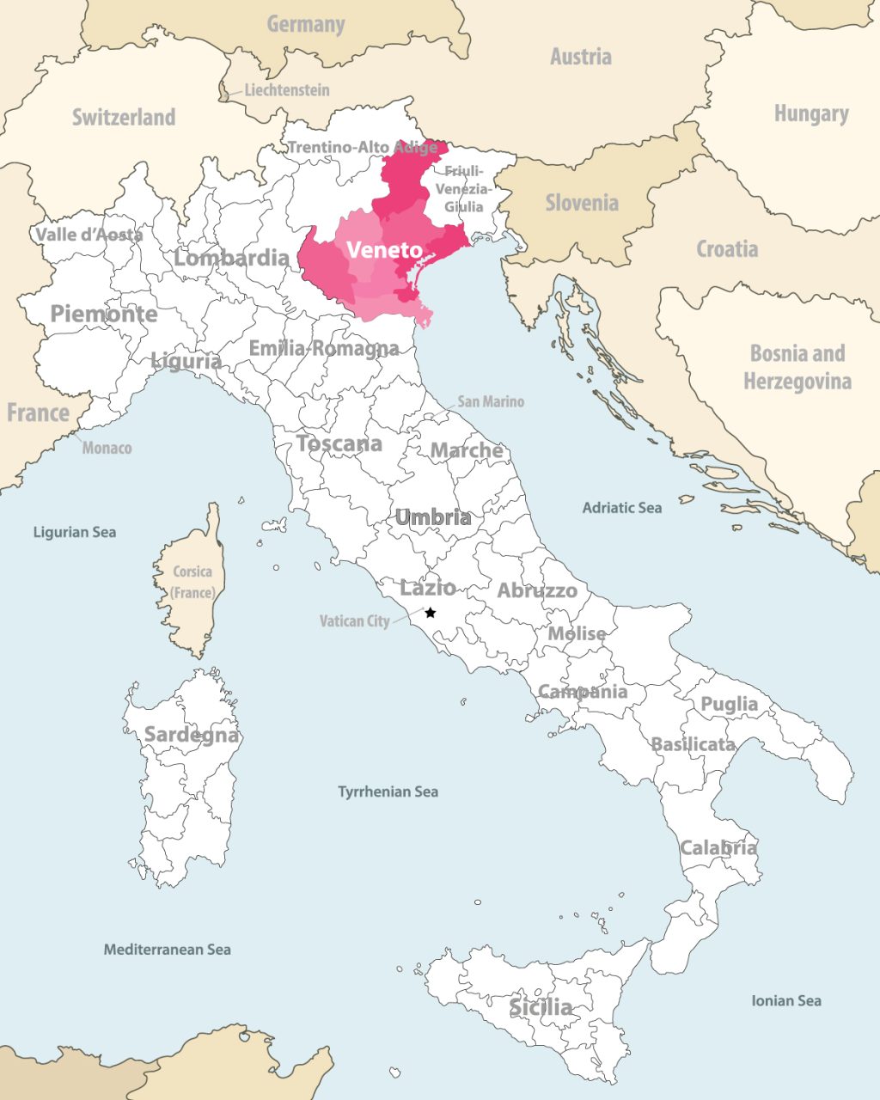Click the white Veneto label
coord(384,250)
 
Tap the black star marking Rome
coord(431,613)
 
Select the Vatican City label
coord(354,620)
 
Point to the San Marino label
coord(490,401)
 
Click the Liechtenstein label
coord(286,90)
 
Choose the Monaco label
coord(107,448)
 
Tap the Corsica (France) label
coord(192,582)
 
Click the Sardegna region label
coord(191,735)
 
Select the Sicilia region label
coord(541,1006)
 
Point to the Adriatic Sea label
coord(621,508)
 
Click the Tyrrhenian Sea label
coord(388,791)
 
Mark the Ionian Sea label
coord(785,1000)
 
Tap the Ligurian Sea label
coord(74,532)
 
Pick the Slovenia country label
coord(582,204)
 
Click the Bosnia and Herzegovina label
coord(797,367)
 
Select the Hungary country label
coord(810,113)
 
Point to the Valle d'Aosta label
coord(89,234)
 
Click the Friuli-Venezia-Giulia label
coord(463,189)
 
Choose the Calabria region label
coord(718,848)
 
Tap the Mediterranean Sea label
coord(167,950)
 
